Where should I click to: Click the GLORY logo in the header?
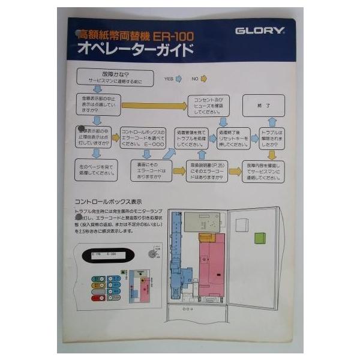click(x=260, y=31)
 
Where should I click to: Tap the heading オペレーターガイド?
click(x=134, y=50)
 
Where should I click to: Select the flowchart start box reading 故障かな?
click(x=115, y=77)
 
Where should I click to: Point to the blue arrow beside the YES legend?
click(x=178, y=78)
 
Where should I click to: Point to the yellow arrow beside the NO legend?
click(x=203, y=78)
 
